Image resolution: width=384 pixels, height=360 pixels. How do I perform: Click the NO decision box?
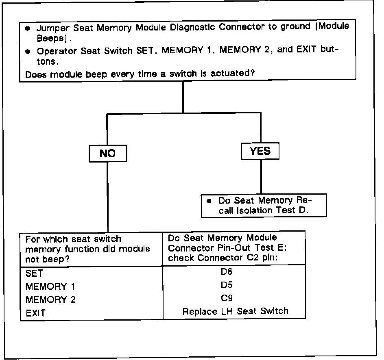pos(107,154)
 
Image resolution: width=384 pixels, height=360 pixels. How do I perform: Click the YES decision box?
pos(260,151)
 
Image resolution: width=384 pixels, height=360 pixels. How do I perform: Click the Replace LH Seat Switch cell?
pos(235,311)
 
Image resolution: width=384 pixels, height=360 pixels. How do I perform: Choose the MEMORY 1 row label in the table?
pos(50,286)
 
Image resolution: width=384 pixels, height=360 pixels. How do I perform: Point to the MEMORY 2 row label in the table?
pos(50,299)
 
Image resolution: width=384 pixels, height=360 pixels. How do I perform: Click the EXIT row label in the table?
pos(36,313)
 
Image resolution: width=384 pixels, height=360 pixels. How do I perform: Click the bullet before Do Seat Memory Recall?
pos(209,201)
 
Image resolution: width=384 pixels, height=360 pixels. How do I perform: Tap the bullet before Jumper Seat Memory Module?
pos(27,29)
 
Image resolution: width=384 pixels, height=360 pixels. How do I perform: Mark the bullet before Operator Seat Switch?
pos(27,52)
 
